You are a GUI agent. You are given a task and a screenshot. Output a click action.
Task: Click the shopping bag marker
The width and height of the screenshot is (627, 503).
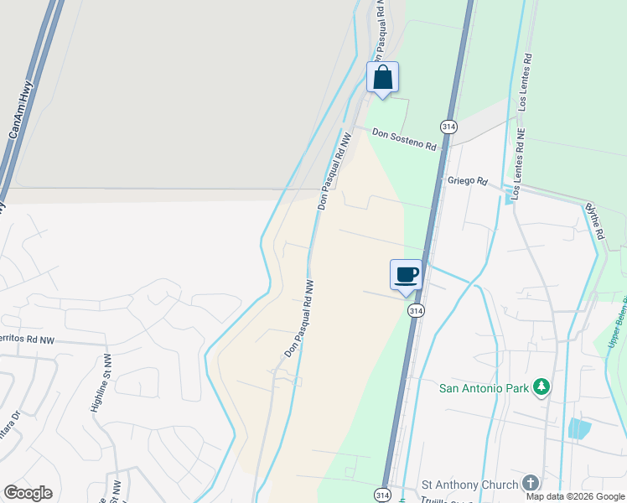click(382, 78)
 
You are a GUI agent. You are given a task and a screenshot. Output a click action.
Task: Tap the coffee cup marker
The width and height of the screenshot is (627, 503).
click(406, 275)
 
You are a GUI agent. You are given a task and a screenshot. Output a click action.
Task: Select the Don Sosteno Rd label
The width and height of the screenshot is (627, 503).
click(405, 139)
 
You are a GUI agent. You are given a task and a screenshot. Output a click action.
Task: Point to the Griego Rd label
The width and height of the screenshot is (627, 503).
click(467, 180)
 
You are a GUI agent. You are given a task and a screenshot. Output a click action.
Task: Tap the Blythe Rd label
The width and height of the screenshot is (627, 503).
click(594, 221)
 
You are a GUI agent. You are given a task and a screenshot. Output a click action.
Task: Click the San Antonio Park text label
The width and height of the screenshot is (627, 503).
click(486, 387)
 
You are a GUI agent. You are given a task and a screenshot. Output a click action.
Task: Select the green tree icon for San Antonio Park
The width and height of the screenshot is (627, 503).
click(541, 386)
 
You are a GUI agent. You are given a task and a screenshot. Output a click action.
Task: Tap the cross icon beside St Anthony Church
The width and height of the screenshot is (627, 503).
click(530, 484)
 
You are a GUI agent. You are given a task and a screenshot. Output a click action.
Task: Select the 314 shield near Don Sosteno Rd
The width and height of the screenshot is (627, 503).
click(449, 127)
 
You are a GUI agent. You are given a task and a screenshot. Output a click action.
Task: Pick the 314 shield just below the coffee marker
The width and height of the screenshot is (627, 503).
click(415, 310)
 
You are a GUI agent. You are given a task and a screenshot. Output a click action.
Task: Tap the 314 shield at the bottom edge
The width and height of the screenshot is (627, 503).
click(381, 495)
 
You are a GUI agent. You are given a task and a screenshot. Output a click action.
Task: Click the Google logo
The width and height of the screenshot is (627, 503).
click(28, 493)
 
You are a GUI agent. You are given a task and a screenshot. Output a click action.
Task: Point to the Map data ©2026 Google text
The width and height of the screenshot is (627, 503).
click(574, 496)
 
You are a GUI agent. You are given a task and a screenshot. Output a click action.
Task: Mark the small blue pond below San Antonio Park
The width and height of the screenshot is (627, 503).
click(579, 428)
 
